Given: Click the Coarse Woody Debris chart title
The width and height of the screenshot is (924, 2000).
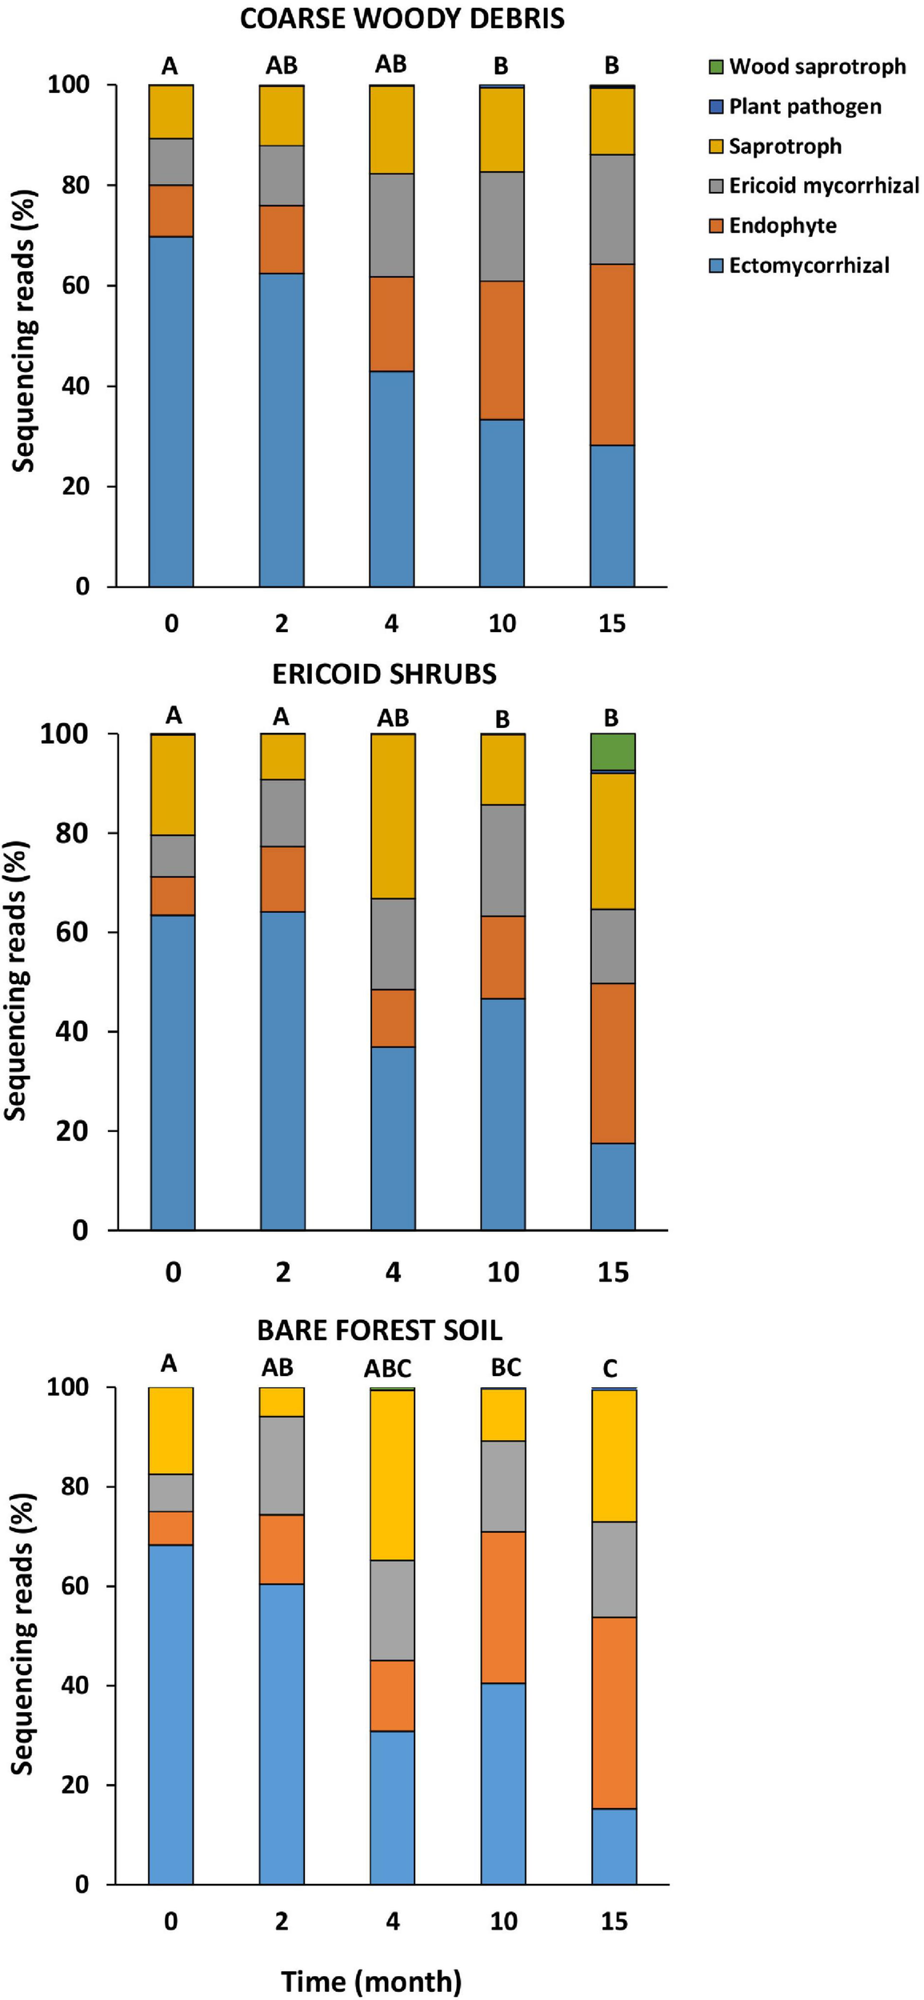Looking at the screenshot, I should (x=402, y=18).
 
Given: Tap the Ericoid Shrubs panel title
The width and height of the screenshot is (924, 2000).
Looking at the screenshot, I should (x=384, y=674).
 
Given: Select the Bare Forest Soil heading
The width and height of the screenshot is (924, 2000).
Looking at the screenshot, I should (x=379, y=1330).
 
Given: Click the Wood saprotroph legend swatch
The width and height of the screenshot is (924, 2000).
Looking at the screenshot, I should (x=716, y=66).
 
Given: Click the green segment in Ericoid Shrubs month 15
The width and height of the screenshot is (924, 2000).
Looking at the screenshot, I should (x=613, y=752).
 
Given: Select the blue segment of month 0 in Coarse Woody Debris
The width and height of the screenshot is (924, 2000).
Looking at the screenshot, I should (x=171, y=412).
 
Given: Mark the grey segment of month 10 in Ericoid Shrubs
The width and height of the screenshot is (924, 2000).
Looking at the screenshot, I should (x=503, y=861).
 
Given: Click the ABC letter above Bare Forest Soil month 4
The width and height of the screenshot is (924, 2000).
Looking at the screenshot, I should (x=388, y=1369).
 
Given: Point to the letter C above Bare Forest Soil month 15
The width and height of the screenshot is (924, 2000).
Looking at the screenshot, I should (x=610, y=1369).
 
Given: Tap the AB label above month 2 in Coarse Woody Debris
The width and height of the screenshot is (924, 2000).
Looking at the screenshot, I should (x=282, y=66).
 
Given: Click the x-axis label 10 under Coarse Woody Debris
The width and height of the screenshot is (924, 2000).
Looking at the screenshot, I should (x=502, y=624).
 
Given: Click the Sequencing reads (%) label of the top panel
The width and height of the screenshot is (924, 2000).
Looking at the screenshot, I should (x=25, y=331).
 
